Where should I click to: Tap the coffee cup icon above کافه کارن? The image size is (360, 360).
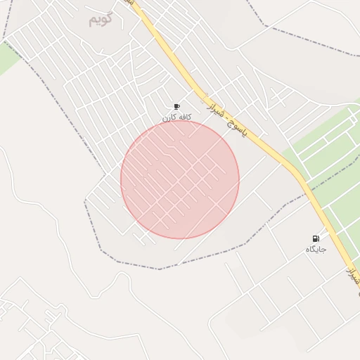point(176,107)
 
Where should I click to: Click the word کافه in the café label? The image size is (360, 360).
point(184,117)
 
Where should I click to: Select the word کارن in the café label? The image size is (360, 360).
point(169,117)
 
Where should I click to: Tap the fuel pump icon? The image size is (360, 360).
point(316,239)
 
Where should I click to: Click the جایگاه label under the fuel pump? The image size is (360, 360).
point(316,250)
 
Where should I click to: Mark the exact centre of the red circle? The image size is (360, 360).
point(180,179)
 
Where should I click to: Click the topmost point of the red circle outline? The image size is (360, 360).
point(180,120)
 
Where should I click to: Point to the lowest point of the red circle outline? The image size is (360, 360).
point(180,238)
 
